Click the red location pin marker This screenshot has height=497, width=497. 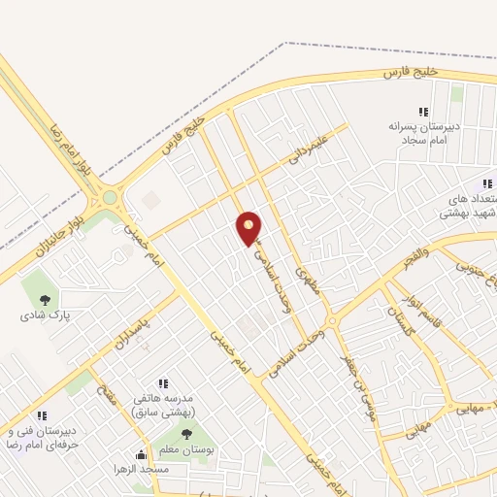tap(249, 227)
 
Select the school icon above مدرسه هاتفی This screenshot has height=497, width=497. tap(163, 383)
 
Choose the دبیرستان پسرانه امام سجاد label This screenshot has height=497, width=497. tap(423, 133)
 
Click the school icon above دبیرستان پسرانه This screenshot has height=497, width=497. tap(422, 111)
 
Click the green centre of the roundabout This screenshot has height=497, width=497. tap(110, 197)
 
